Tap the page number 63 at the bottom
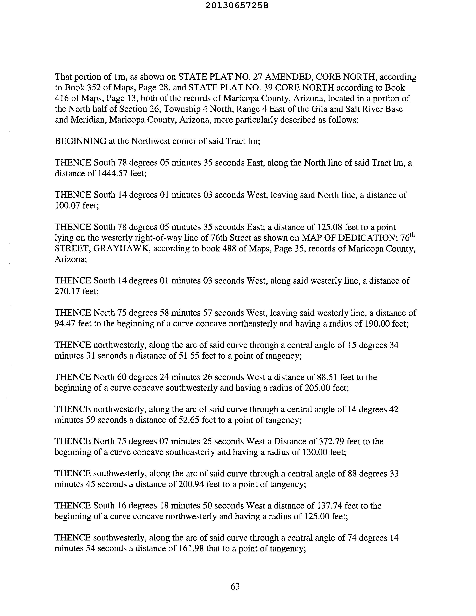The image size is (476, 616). (x=235, y=586)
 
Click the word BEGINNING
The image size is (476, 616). (x=80, y=141)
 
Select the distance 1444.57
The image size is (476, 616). (x=112, y=173)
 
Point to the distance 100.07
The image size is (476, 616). (x=67, y=205)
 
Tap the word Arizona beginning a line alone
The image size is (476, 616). (x=70, y=259)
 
